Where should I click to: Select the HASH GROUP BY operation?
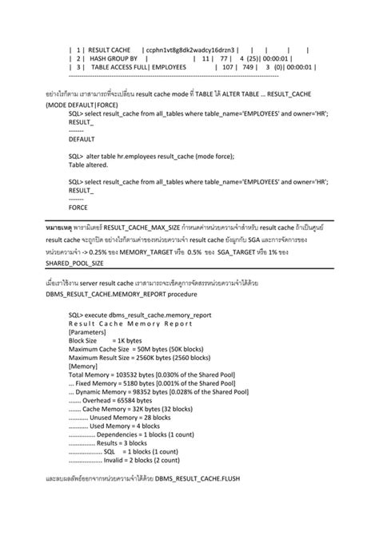pos(115,58)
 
